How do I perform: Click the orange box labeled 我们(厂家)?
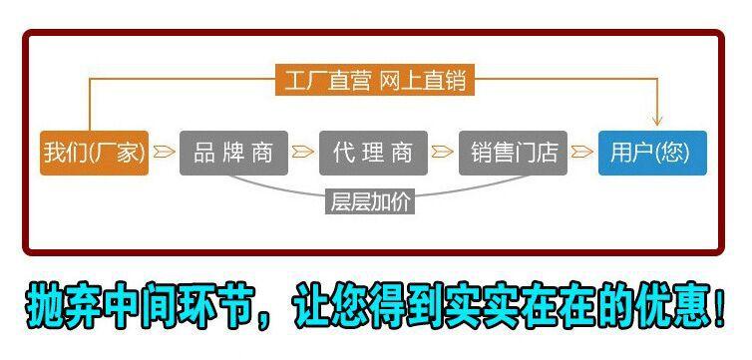pos(95,153)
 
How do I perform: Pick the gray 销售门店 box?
pos(513,153)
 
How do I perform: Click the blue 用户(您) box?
pos(651,153)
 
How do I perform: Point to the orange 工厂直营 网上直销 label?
pos(375,81)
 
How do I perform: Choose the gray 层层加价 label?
pos(370,200)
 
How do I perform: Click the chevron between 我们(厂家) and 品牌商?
pos(165,154)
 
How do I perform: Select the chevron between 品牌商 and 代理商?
pos(303,154)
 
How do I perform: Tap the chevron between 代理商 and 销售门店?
pos(443,154)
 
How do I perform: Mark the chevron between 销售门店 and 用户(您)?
pos(582,154)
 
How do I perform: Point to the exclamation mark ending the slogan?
pos(719,307)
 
